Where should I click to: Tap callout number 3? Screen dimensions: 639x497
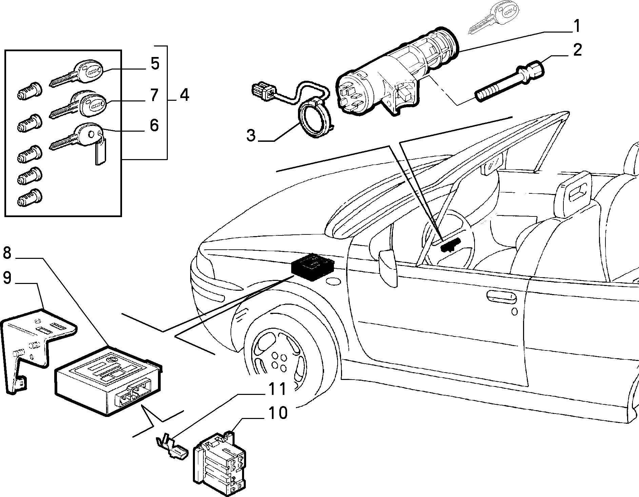pyautogui.click(x=251, y=135)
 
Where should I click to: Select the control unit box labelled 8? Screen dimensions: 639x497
pyautogui.click(x=108, y=380)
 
